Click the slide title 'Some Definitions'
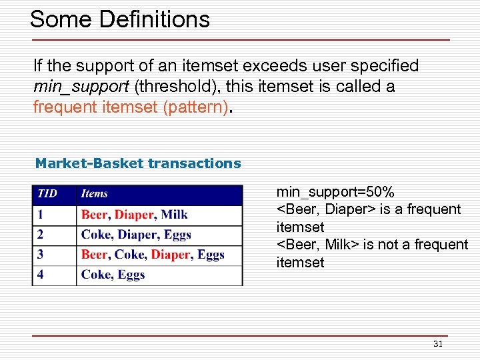point(120,19)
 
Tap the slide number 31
point(438,344)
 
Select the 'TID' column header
point(47,194)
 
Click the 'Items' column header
point(94,194)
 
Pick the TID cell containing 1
point(41,215)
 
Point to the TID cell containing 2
point(41,235)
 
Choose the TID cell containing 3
point(41,255)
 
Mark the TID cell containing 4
point(41,275)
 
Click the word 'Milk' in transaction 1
point(175,215)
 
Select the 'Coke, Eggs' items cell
point(113,275)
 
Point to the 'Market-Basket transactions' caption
point(138,163)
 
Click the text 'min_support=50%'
point(335,193)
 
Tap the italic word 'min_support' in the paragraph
point(82,87)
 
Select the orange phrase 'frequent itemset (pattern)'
point(131,107)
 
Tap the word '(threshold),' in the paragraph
point(172,87)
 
